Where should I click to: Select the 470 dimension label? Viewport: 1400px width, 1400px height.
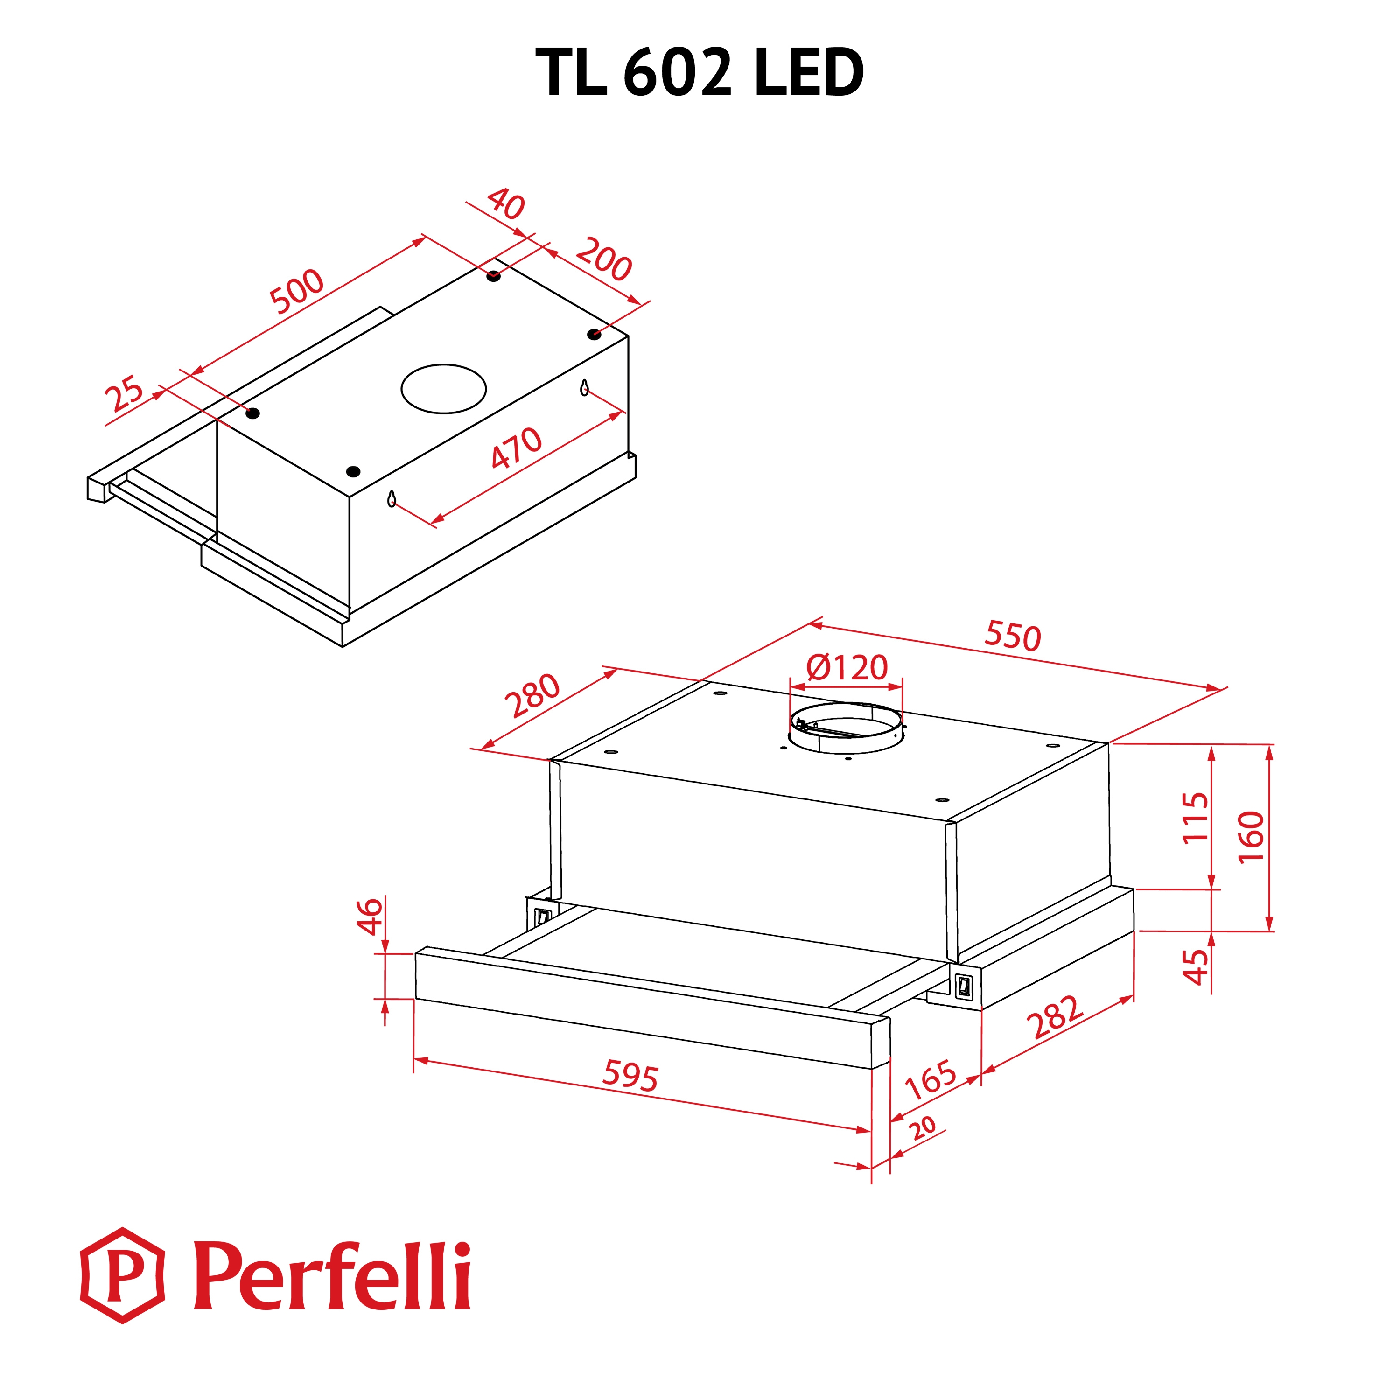point(516,448)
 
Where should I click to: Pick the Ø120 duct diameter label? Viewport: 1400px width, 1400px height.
point(847,667)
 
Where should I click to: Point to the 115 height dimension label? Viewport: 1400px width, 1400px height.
point(1196,818)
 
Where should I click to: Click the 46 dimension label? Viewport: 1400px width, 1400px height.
point(370,916)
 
